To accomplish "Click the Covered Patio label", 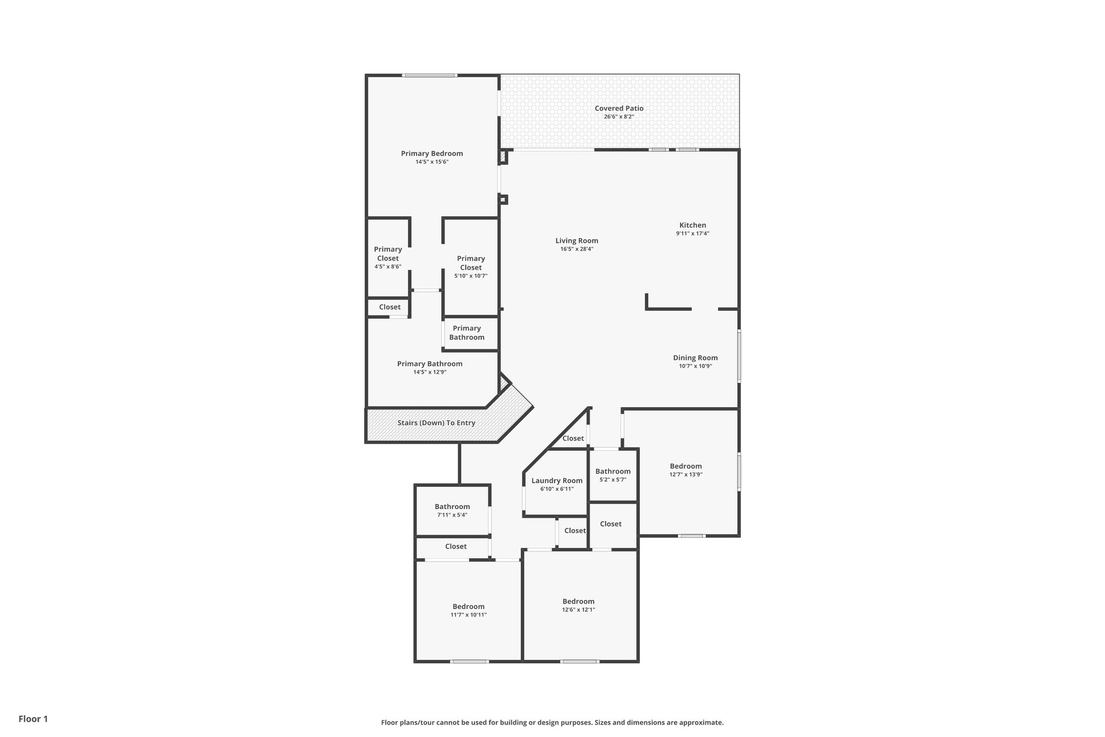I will click(x=619, y=109).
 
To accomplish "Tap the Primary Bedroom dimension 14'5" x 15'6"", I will click(x=432, y=162).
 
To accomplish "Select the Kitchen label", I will click(x=692, y=225).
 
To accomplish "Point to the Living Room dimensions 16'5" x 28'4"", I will click(x=577, y=249).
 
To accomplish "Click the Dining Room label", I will click(x=695, y=358).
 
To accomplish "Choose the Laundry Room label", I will click(x=557, y=481).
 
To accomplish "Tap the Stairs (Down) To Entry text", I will click(x=436, y=423).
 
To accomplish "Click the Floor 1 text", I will click(x=33, y=719).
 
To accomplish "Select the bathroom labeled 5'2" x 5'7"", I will click(x=613, y=475).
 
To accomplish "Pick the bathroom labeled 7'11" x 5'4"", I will click(x=452, y=510).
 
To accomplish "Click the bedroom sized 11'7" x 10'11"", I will click(x=468, y=610).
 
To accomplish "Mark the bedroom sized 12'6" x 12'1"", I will click(x=578, y=605).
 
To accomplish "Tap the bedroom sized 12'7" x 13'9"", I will click(x=686, y=470).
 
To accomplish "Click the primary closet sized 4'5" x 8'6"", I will click(x=388, y=257).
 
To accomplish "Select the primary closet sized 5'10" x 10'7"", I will click(x=470, y=267).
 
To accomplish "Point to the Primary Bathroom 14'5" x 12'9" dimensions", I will click(x=430, y=372).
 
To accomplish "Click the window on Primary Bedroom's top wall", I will click(x=430, y=76).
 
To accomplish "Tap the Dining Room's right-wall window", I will click(x=739, y=356).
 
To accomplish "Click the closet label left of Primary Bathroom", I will click(x=390, y=307).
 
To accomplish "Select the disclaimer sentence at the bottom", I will click(x=552, y=722).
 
